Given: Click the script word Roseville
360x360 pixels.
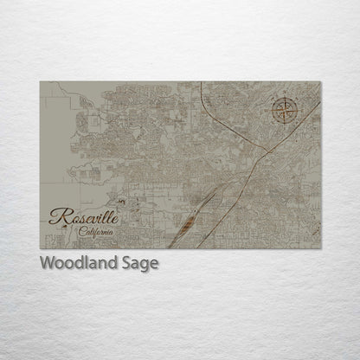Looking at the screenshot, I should pos(84,216).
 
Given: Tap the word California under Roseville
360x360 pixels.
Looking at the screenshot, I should pos(94,233).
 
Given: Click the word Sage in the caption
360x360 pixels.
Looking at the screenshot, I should pos(141,264).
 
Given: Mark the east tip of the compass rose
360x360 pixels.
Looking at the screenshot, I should pos(299,111).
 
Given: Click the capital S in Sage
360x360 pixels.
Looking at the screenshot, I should pos(128,263).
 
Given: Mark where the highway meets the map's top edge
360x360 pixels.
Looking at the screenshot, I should pos(201,82).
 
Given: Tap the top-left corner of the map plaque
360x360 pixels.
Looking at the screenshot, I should pos(40,82).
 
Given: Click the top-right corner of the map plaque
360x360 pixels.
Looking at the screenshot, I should pos(320,82).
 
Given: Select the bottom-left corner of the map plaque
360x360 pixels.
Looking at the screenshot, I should pos(40,248).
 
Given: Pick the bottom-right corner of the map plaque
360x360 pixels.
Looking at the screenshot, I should pos(320,248).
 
